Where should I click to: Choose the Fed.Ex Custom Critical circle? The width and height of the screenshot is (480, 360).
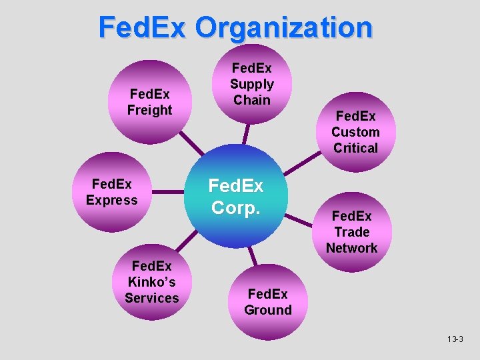coord(355,132)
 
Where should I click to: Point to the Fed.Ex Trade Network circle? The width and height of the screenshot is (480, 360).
coord(351,232)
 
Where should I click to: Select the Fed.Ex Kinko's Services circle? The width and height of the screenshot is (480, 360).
coord(152,281)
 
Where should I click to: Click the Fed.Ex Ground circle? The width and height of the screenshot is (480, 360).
coord(268,301)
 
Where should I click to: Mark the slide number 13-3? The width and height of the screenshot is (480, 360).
coord(455,339)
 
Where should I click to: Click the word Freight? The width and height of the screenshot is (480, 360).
coord(150,110)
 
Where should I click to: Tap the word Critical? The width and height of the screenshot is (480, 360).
coord(355,148)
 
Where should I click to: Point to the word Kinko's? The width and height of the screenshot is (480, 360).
coord(153,282)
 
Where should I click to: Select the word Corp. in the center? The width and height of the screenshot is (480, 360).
coord(236,207)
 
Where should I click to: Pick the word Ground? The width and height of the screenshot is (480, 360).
coord(268,310)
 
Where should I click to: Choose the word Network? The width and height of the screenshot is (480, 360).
coord(351,248)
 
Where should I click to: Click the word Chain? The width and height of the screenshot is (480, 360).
coord(252,100)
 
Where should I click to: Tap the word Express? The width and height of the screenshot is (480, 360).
coord(112,200)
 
